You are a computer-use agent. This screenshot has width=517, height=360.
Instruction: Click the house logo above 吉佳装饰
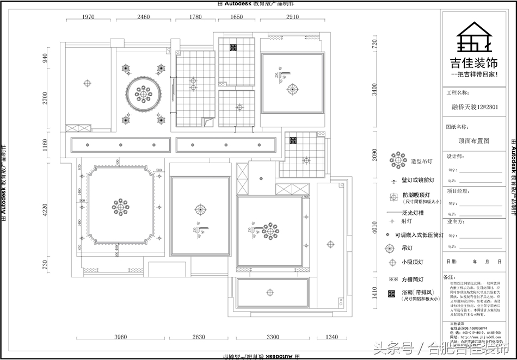click(474, 38)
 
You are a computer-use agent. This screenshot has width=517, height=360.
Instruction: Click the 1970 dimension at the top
click(88, 17)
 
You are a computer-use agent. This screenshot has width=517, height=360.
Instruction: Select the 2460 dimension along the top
click(143, 17)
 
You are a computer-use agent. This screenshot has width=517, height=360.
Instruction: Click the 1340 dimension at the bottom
click(331, 337)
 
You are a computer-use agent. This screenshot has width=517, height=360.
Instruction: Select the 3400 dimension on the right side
click(374, 90)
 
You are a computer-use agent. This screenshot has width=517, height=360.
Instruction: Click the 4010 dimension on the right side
click(374, 227)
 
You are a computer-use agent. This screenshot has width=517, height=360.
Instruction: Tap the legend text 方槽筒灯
click(413, 279)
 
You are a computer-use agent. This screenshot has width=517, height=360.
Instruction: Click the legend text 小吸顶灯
click(413, 262)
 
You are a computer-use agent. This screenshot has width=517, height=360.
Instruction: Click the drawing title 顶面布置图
click(474, 140)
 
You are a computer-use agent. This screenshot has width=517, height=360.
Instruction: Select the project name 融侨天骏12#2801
click(475, 107)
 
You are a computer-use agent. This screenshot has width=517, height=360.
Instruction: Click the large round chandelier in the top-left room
click(143, 94)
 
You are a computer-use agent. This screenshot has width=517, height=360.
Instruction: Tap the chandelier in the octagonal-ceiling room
click(120, 206)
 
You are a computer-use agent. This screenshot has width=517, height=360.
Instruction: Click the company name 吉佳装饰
click(474, 63)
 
